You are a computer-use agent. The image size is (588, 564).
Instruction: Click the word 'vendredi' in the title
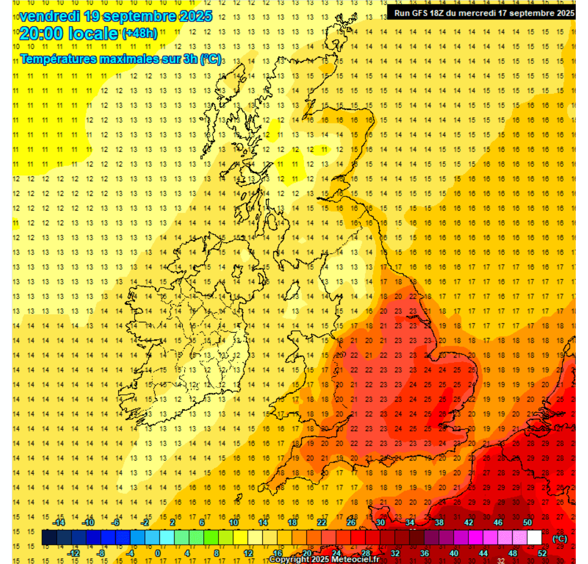[x=49, y=16]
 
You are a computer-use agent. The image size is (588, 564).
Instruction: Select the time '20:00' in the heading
[x=41, y=34]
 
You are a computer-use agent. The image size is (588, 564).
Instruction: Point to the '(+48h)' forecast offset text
[x=140, y=33]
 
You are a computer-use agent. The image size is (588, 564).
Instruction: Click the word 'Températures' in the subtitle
[x=58, y=59]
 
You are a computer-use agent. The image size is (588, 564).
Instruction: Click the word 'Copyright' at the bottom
[x=290, y=560]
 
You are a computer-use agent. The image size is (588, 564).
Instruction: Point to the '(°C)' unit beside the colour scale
[x=560, y=539]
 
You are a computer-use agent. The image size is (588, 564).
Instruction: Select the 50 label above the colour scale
[x=527, y=523]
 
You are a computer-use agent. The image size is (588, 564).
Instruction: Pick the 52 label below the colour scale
[x=542, y=553]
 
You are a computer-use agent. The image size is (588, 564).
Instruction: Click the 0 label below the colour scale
[x=158, y=553]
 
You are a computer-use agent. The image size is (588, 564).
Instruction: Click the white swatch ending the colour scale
[x=535, y=538]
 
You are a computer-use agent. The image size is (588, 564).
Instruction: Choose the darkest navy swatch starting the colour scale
[x=49, y=538]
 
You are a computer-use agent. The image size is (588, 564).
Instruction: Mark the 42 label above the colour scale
[x=468, y=523]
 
